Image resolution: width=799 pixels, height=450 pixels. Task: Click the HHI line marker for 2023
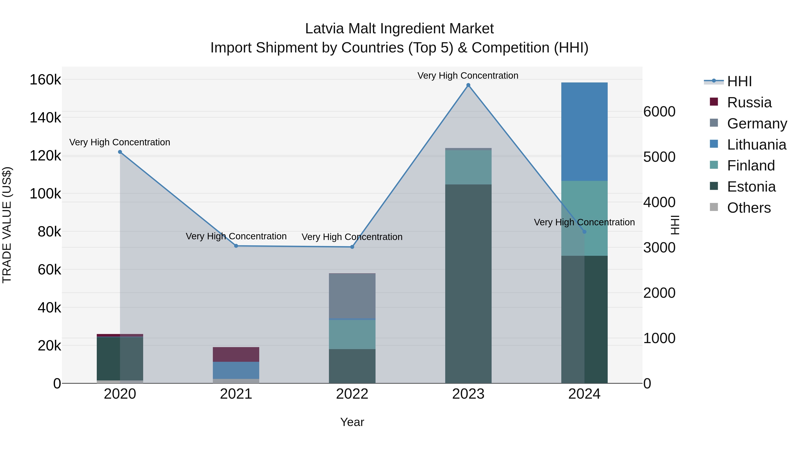(x=468, y=85)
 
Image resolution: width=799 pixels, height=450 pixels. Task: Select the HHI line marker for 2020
(x=120, y=152)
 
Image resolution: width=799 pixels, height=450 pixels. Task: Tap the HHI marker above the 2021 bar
(x=236, y=246)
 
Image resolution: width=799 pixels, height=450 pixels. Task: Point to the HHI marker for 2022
(x=352, y=247)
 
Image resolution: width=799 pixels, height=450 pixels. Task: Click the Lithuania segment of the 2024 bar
(x=584, y=132)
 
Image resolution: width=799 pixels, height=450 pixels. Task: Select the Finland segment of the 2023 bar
(x=468, y=167)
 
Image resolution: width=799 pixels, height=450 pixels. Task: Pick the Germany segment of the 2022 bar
(x=352, y=296)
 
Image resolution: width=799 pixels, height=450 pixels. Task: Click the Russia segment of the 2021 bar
(x=236, y=354)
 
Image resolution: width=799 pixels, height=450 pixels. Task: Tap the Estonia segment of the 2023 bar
(x=468, y=284)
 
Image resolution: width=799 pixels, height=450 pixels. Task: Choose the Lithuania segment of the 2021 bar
(x=236, y=370)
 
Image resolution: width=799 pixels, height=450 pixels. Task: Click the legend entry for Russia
(x=749, y=102)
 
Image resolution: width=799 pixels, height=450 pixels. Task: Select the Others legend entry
(x=748, y=208)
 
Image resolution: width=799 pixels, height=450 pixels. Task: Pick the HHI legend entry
(x=739, y=81)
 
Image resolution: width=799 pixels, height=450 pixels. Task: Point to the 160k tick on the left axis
(x=45, y=80)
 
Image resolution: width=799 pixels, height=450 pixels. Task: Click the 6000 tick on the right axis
(x=659, y=112)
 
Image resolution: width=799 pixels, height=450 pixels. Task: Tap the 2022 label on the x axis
(x=352, y=394)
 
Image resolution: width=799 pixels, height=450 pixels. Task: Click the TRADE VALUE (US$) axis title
(x=7, y=225)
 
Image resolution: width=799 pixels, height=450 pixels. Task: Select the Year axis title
(x=352, y=422)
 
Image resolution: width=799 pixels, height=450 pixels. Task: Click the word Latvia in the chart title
(x=324, y=29)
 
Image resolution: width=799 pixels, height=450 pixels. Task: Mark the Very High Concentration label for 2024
(x=584, y=222)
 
